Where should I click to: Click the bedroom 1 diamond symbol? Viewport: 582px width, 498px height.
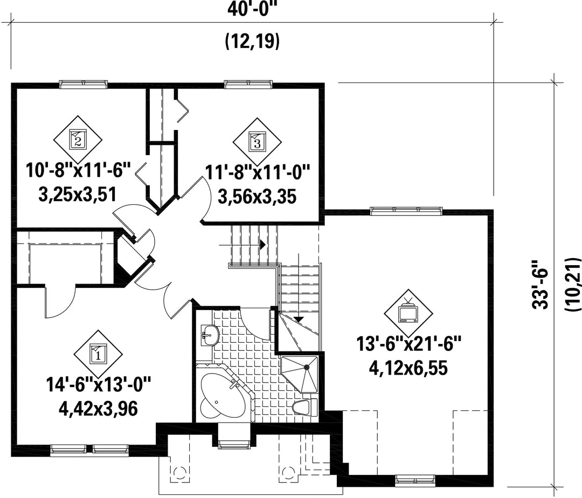[x=98, y=354]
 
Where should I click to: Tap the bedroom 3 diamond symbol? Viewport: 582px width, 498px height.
[x=257, y=142]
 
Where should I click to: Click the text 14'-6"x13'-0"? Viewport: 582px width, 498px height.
[x=98, y=385]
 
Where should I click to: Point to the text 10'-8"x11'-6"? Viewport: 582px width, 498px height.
[x=79, y=170]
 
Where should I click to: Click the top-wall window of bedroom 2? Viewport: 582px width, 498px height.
[x=83, y=84]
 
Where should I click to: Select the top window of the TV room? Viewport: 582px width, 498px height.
[x=406, y=210]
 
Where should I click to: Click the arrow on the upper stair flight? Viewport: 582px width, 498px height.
[x=262, y=244]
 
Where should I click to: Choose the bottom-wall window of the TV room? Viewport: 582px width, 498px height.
[x=415, y=478]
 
